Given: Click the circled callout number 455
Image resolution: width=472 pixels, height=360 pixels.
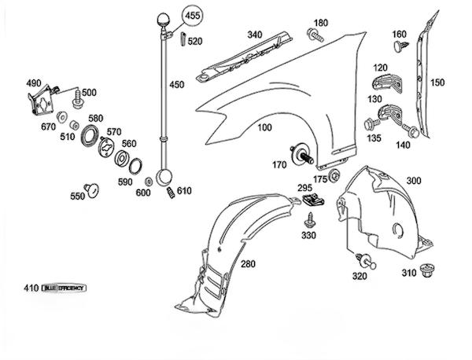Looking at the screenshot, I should [193, 14].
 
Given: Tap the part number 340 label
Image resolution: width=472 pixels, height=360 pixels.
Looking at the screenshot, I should [254, 35].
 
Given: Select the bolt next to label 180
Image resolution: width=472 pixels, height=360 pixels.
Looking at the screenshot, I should [315, 35].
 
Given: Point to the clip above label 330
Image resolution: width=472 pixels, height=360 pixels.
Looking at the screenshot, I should [312, 203].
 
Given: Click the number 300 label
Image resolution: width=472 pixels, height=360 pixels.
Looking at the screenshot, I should [413, 180].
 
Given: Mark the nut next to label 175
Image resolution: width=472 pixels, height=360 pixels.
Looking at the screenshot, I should [336, 174].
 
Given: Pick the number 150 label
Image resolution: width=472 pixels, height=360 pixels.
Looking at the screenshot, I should [437, 82].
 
